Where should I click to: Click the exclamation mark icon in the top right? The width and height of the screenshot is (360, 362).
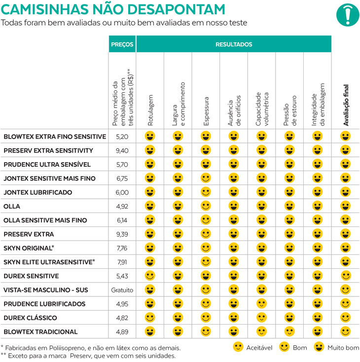point(348,14)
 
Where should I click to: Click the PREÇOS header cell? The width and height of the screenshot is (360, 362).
point(122,44)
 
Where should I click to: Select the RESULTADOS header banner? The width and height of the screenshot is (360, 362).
point(234,44)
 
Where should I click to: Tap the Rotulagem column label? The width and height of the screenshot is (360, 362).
point(150,109)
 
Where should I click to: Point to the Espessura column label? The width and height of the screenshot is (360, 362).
point(206,109)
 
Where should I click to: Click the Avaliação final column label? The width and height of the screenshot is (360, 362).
point(346,104)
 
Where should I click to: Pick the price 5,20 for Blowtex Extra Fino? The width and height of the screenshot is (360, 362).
point(122,136)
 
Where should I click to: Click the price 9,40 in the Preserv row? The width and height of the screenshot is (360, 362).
point(122,150)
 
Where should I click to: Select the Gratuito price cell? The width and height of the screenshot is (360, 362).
point(122,290)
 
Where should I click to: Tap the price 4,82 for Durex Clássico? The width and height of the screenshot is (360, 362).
point(122,318)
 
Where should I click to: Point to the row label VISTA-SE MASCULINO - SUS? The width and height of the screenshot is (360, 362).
point(45,290)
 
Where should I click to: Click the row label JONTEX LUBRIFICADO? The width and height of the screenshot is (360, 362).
point(38,192)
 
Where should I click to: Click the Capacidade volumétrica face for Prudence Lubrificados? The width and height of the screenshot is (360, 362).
point(261,304)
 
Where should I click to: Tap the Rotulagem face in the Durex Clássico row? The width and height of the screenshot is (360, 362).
point(150,318)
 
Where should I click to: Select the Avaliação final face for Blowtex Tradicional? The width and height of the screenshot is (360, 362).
point(346,331)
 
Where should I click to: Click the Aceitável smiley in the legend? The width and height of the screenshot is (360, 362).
point(238,347)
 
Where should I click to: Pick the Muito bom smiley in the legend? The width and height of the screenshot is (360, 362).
point(320,347)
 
